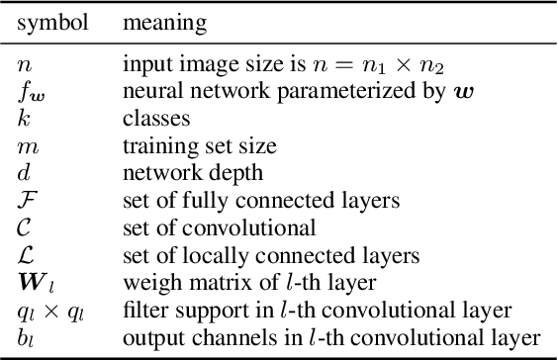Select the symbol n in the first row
25,66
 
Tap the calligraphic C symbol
25,226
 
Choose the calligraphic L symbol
26,253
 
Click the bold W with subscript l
34,280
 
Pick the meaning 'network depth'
177,173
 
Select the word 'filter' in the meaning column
140,309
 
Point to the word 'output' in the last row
147,336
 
